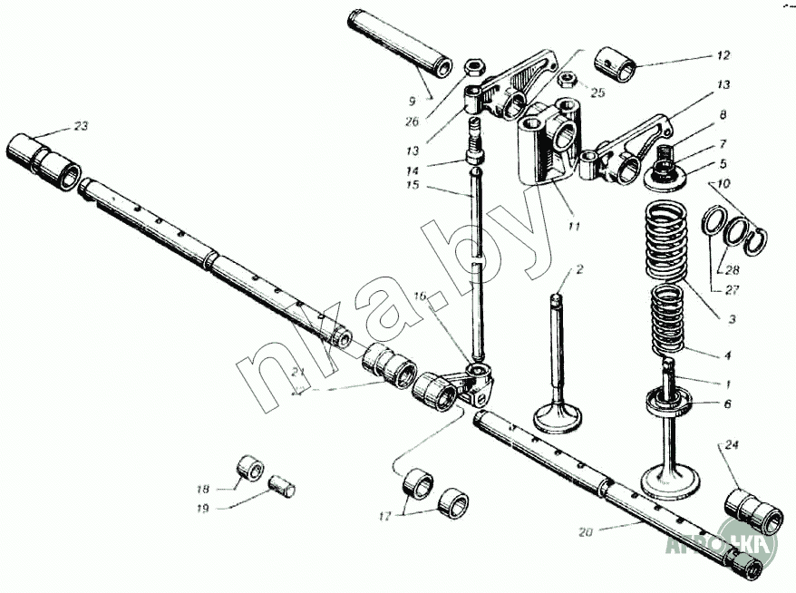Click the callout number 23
point(81,126)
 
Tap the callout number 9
point(413,102)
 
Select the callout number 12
point(722,54)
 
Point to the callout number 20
point(586,532)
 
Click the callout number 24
point(733,444)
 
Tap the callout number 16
point(420,296)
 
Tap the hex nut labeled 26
point(472,68)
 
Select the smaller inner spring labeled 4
point(672,319)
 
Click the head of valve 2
point(558,418)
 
